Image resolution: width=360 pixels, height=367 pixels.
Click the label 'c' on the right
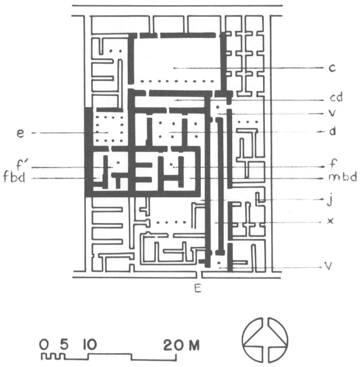click(332, 68)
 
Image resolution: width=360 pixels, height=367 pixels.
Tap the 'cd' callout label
click(336, 97)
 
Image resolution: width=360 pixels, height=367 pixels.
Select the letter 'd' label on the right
click(332, 131)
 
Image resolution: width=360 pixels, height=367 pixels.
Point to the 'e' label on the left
click(21, 134)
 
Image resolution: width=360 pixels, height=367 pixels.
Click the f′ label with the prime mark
click(22, 164)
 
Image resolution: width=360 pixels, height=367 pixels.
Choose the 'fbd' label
click(14, 177)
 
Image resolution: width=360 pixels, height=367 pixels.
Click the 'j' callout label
click(330, 200)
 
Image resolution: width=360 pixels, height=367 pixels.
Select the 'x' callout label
click(330, 221)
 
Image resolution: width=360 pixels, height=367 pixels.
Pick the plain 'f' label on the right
click(333, 163)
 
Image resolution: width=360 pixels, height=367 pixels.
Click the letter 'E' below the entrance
click(198, 288)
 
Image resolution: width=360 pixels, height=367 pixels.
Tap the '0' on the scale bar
click(44, 345)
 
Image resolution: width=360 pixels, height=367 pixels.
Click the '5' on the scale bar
click(64, 344)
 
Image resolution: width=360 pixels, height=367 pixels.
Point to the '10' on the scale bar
click(89, 345)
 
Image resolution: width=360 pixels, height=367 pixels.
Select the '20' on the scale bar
click(173, 345)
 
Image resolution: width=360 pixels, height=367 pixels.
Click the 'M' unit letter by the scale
click(194, 345)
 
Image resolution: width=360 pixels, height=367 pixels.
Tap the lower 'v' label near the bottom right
click(328, 266)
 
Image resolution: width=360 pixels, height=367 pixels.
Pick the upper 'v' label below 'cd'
click(332, 114)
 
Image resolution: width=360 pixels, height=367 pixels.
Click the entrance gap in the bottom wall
click(198, 275)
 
